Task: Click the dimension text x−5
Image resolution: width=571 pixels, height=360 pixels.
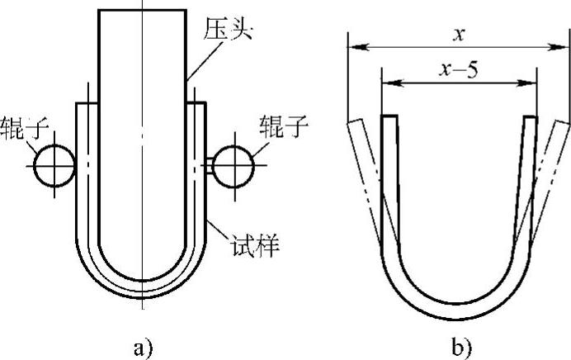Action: (x=459, y=70)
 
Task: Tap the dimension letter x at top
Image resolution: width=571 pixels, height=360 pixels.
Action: (x=459, y=34)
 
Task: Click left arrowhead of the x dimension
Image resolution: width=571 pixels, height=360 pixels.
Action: (x=352, y=47)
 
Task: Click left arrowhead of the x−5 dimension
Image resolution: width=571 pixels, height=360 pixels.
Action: (x=387, y=83)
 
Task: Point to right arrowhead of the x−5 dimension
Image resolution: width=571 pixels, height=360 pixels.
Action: (x=532, y=83)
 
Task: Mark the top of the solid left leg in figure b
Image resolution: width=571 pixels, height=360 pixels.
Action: (x=389, y=118)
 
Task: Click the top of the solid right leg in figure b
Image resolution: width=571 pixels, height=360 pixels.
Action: (x=530, y=118)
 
